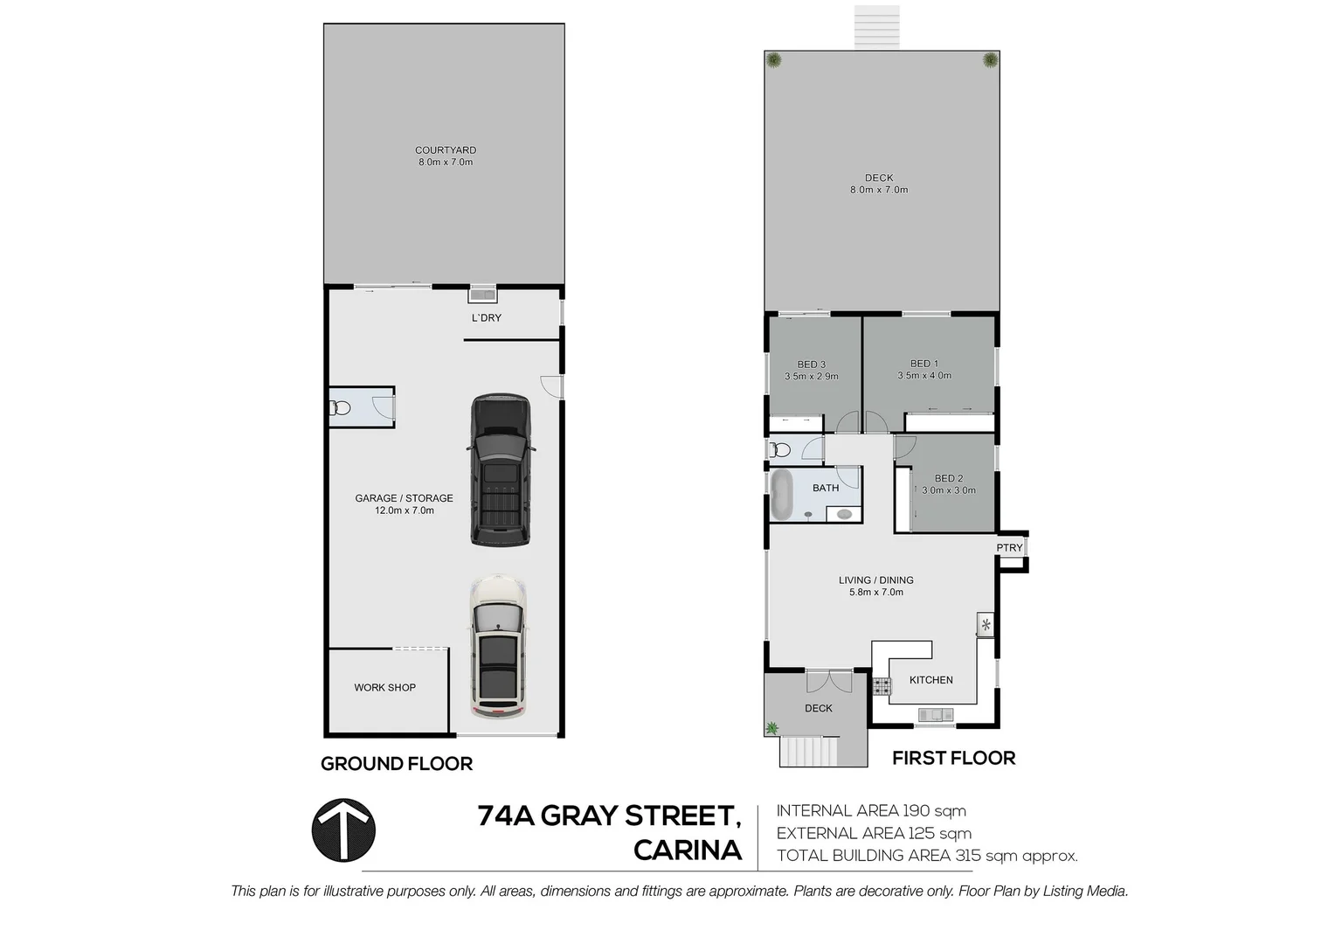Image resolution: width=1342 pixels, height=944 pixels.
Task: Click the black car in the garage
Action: click(x=501, y=470)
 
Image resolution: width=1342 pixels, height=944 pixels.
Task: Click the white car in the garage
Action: click(x=498, y=647)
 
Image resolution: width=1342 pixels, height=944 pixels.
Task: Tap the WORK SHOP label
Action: click(x=384, y=688)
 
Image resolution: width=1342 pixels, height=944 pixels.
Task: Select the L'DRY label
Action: click(x=487, y=318)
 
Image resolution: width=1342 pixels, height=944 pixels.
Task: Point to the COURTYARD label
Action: click(x=446, y=150)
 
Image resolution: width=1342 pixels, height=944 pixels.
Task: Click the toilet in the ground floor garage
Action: click(x=340, y=407)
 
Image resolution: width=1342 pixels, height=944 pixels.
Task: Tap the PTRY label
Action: click(x=1009, y=548)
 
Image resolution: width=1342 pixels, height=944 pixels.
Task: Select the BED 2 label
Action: click(x=949, y=479)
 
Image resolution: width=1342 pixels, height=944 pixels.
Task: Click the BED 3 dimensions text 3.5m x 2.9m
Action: click(x=812, y=377)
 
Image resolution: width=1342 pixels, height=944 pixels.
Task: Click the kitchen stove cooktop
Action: click(x=881, y=687)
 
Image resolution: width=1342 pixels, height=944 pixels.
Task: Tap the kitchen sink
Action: click(x=936, y=715)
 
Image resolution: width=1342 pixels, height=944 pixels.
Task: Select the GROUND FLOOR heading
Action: click(x=397, y=764)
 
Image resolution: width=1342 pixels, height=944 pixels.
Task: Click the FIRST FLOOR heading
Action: click(x=953, y=759)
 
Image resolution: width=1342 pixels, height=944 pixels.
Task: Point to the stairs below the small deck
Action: click(x=809, y=751)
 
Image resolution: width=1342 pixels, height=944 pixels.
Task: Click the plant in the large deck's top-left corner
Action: click(x=774, y=60)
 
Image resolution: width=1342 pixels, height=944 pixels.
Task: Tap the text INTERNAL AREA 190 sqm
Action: click(x=871, y=811)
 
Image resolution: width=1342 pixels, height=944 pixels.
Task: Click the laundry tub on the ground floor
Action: click(x=482, y=295)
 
